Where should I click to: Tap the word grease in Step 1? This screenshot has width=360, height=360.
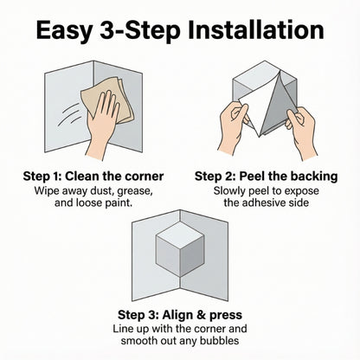[130, 190]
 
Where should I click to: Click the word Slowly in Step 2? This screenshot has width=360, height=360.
[233, 190]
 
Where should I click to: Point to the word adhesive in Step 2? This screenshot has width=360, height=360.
[278, 203]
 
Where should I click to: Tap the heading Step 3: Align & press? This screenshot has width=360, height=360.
[179, 314]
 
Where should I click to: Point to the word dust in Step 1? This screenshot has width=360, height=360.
[95, 190]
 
